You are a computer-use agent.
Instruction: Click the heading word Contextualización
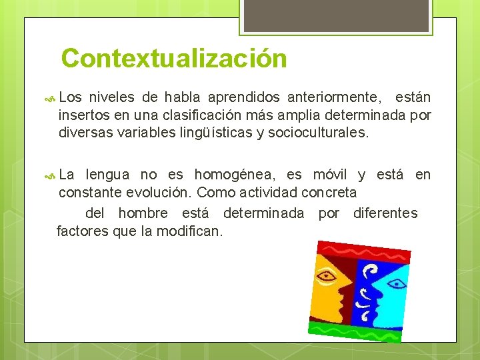(173, 58)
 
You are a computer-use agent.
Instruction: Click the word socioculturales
(317, 132)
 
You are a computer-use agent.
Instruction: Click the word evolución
(159, 193)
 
